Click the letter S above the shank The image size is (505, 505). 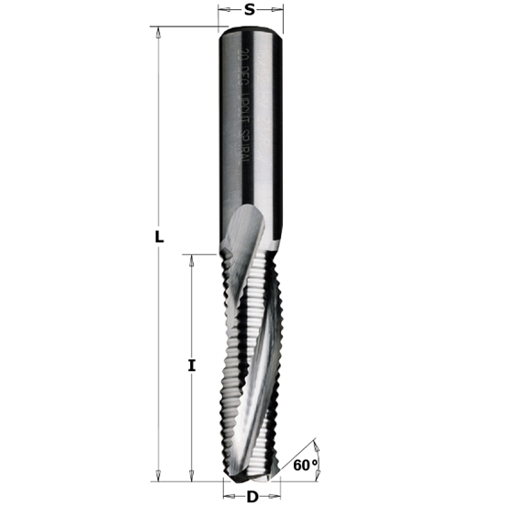pyautogui.click(x=250, y=11)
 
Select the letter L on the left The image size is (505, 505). pyautogui.click(x=159, y=237)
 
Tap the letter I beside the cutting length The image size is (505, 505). pyautogui.click(x=191, y=365)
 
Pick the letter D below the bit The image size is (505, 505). pyautogui.click(x=252, y=497)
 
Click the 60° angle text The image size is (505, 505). pyautogui.click(x=306, y=466)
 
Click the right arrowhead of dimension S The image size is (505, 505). pyautogui.click(x=276, y=12)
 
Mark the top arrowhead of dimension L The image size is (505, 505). pyautogui.click(x=159, y=31)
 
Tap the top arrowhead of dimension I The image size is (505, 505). pyautogui.click(x=191, y=259)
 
